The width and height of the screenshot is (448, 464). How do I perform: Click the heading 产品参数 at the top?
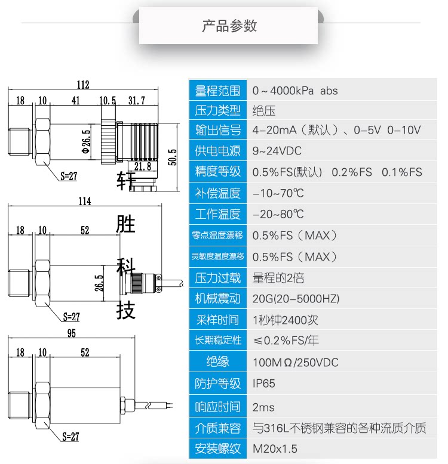tap(229, 26)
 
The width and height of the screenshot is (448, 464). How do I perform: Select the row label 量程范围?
tap(217, 91)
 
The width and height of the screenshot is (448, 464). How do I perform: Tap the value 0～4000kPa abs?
tap(295, 91)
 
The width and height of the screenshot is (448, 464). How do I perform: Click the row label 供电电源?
tap(217, 150)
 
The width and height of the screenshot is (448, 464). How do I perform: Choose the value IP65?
tap(264, 383)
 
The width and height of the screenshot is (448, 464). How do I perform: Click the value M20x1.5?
tap(275, 448)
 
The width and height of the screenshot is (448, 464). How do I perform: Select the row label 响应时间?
tap(217, 407)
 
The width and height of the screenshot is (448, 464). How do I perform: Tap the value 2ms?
tap(263, 407)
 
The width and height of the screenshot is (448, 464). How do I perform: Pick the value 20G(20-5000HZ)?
tap(296, 299)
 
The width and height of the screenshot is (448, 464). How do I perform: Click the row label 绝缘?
tap(217, 362)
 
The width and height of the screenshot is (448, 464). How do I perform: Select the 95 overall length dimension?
tap(72, 334)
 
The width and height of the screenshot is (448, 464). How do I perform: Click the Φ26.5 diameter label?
tap(86, 141)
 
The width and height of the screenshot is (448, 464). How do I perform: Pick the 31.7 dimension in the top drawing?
tap(136, 100)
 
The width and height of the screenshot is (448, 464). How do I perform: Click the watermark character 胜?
tap(125, 224)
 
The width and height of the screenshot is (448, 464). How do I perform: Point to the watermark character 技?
tap(125, 310)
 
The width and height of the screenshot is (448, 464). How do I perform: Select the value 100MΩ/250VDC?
tap(295, 362)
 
